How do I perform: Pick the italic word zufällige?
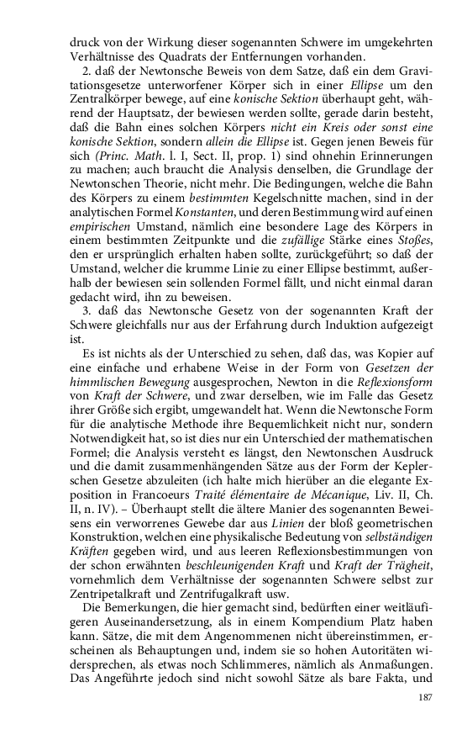[x=294, y=254]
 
